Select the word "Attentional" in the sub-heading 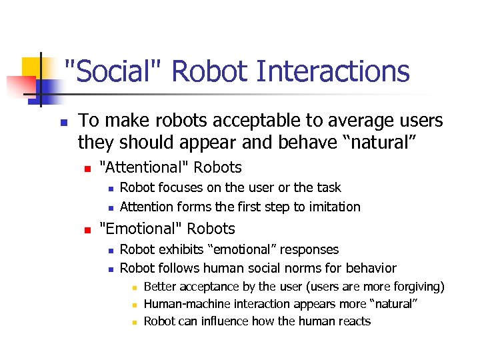(x=140, y=167)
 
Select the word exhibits (x=182, y=249)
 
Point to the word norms (x=309, y=269)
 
